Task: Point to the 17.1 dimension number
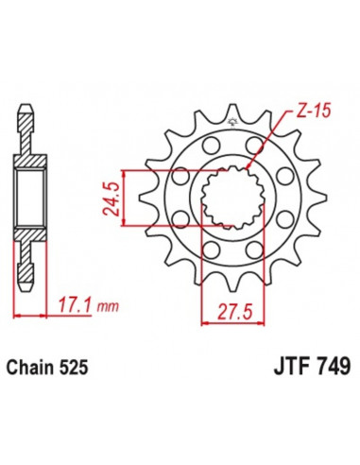pyautogui.click(x=67, y=307)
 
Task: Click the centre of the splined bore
pyautogui.click(x=229, y=198)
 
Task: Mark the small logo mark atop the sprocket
pyautogui.click(x=230, y=120)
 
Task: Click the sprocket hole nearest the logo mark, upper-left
pyautogui.click(x=207, y=145)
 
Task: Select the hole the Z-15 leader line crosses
pyautogui.click(x=252, y=145)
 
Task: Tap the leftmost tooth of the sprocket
pyautogui.click(x=144, y=198)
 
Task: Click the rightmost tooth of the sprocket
pyautogui.click(x=313, y=198)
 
